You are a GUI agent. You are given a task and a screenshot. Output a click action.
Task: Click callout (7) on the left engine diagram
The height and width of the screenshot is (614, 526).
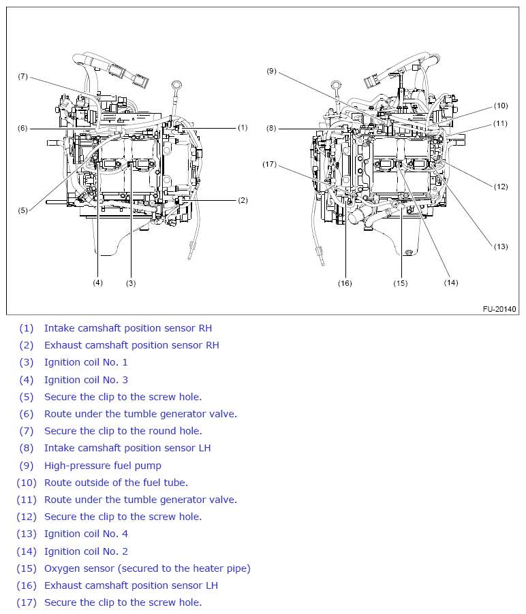click(22, 76)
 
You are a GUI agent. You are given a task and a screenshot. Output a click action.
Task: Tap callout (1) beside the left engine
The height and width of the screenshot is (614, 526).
click(243, 127)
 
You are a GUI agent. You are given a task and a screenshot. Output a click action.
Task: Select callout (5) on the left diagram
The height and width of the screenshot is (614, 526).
click(22, 210)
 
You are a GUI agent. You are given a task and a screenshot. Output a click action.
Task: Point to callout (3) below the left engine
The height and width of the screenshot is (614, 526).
click(131, 282)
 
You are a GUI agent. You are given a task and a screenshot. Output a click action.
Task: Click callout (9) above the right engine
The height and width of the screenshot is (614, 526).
click(271, 71)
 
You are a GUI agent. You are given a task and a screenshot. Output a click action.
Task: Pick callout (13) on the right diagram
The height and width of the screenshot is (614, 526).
click(501, 246)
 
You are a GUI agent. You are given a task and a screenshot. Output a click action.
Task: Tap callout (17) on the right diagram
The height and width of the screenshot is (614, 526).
click(270, 164)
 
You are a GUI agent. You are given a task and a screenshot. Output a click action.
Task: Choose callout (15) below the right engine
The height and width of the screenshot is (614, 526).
click(401, 282)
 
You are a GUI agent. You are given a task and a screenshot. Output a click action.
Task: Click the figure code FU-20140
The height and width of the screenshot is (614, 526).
click(500, 309)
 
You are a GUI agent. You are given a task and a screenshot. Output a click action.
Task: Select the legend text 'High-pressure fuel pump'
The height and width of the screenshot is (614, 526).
click(103, 466)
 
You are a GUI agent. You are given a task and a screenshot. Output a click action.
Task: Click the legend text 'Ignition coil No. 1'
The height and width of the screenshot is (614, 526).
click(86, 362)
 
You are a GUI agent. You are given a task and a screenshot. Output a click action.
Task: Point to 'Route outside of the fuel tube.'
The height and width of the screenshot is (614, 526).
click(116, 483)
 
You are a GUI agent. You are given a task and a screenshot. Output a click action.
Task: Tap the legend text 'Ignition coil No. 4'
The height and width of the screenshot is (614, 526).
click(86, 534)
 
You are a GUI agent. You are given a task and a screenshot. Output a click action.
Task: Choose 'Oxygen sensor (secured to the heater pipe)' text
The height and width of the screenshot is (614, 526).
click(147, 568)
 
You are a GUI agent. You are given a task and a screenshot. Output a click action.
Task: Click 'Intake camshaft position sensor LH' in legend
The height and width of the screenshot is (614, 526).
click(127, 448)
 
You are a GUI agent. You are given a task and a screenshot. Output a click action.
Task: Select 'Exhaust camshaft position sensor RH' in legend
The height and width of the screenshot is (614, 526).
click(131, 345)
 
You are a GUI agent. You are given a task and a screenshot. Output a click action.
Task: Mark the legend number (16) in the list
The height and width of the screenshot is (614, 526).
click(25, 585)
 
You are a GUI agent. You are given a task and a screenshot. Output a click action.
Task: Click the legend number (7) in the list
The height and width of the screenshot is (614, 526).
click(26, 431)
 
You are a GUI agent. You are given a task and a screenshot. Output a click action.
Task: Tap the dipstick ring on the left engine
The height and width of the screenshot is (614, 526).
click(176, 86)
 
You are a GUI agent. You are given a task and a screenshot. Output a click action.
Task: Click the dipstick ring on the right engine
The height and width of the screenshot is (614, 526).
click(335, 85)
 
